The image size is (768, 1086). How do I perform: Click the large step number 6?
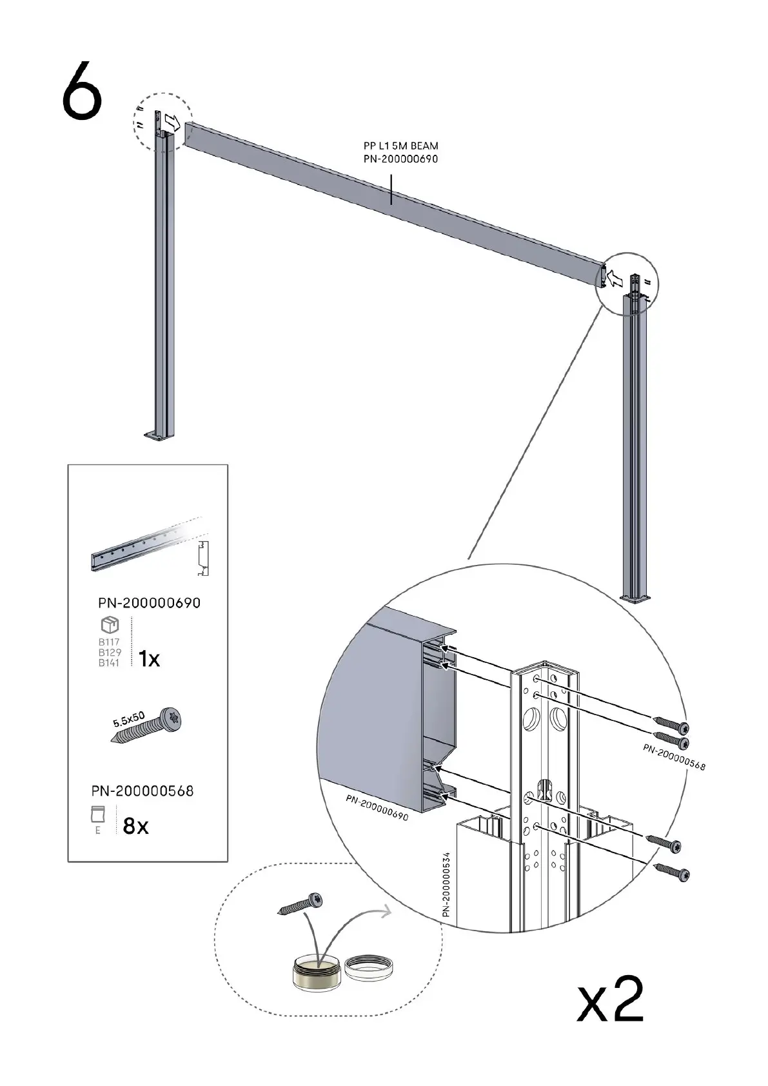[x=82, y=90]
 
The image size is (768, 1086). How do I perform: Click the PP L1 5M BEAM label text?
[x=400, y=146]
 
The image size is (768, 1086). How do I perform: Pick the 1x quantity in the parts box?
[x=149, y=659]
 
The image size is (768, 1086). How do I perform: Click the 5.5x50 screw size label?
[x=129, y=719]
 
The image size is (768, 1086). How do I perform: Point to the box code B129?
[x=110, y=652]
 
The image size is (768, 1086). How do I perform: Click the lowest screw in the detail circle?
[x=671, y=872]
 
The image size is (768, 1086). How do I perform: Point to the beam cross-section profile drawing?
[x=202, y=558]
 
